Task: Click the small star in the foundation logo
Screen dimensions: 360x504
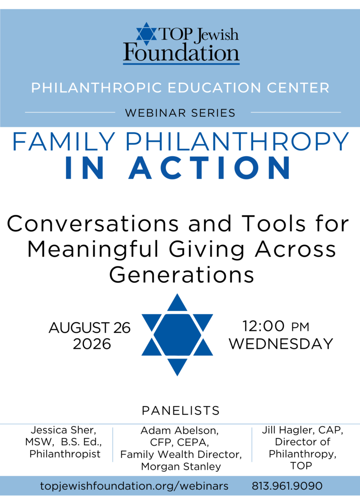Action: tap(147, 34)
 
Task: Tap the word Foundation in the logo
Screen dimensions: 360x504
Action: tap(181, 52)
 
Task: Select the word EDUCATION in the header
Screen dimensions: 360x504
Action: tap(214, 87)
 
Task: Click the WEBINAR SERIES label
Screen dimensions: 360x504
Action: tap(180, 113)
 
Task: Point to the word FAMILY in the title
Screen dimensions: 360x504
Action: tap(64, 142)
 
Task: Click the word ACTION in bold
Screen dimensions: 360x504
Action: tap(210, 168)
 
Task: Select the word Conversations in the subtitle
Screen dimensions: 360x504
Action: tap(93, 223)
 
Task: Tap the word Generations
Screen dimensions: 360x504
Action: tap(181, 275)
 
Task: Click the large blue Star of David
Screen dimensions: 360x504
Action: tap(177, 335)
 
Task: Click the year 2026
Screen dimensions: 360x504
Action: tap(92, 344)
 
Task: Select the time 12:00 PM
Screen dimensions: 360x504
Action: tap(276, 326)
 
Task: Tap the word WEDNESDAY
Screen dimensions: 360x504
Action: tap(281, 344)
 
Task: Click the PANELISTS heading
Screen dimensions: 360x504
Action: tap(181, 411)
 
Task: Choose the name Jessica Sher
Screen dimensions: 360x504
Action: tap(63, 430)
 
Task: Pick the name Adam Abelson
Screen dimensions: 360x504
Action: tap(179, 430)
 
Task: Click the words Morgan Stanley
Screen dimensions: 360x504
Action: tap(181, 467)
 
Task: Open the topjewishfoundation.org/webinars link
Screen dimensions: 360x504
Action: tap(134, 486)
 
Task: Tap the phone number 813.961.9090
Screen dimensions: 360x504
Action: tap(287, 486)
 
